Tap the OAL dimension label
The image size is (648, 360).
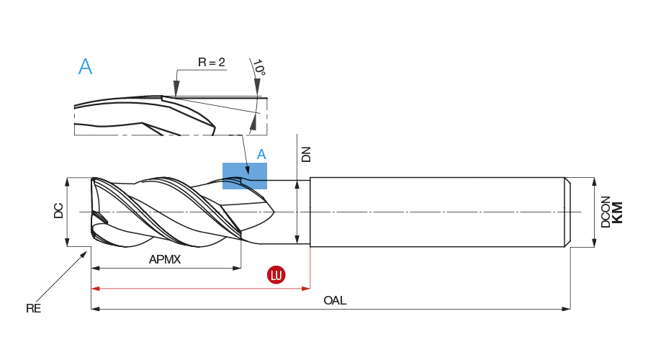335,301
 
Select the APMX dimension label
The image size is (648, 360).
164,259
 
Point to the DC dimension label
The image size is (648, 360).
58,210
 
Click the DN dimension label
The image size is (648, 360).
306,154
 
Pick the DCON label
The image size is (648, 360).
606,212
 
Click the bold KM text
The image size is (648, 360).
617,212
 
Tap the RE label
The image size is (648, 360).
33,308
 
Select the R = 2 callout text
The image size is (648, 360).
212,63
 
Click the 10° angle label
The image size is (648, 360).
258,68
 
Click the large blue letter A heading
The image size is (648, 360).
85,67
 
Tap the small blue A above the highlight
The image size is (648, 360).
261,154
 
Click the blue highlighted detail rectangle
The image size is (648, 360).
245,176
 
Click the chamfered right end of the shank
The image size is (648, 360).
567,212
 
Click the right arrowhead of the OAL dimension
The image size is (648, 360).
567,309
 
